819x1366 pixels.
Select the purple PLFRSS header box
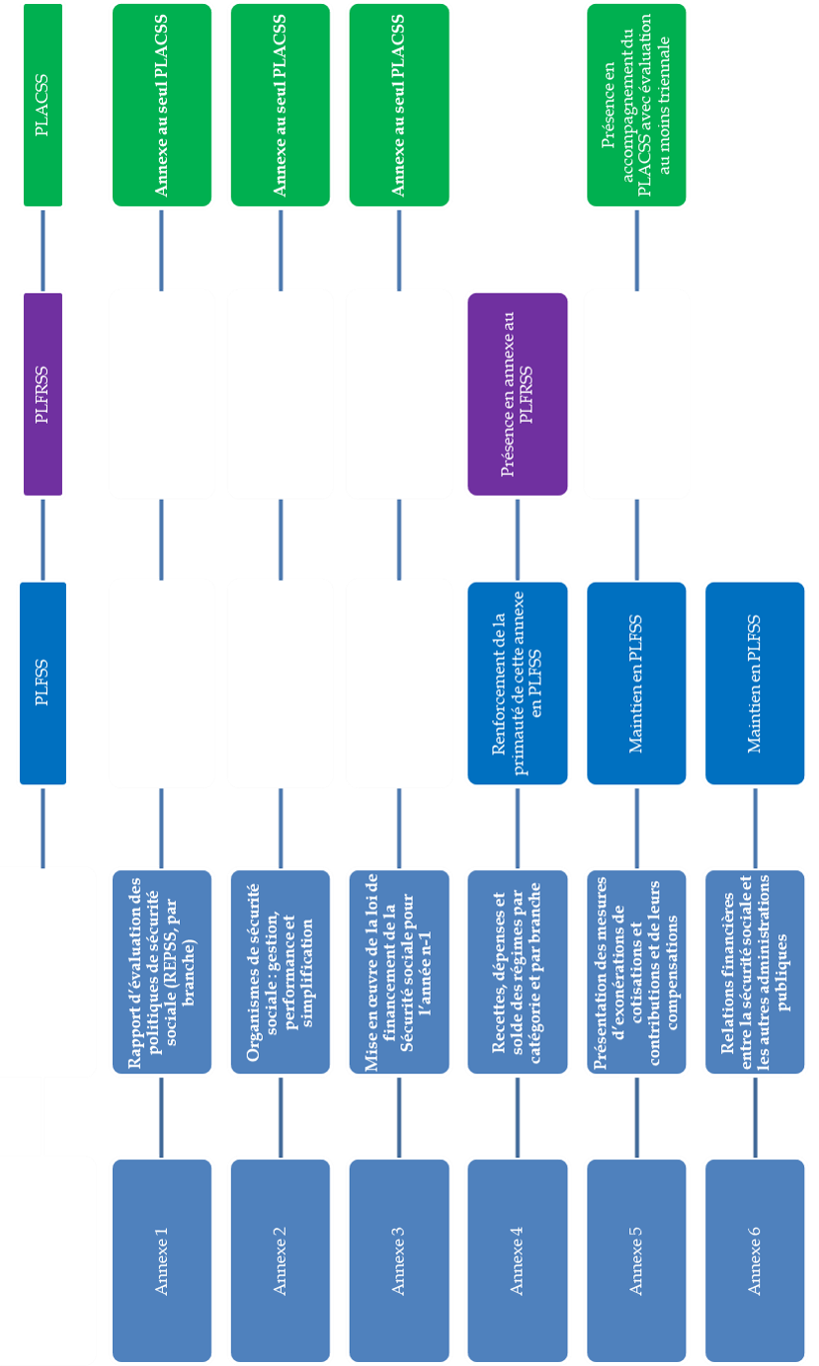[42, 393]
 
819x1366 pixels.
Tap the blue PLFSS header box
[42, 683]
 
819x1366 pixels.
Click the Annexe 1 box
[162, 1260]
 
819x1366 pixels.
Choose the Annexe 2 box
[281, 1260]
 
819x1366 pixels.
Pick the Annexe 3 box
[399, 1260]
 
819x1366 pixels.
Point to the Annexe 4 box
[518, 1260]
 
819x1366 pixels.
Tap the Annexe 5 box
[636, 1260]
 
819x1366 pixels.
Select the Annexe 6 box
[755, 1260]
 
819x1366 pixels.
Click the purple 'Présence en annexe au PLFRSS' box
[518, 393]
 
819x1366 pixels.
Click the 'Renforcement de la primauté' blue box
[518, 683]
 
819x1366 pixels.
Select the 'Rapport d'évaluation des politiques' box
[162, 972]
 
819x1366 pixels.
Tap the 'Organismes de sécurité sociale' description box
[281, 972]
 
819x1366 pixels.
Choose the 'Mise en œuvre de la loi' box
[399, 972]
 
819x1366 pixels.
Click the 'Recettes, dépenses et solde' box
[518, 972]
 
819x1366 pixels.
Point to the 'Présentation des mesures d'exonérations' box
[636, 972]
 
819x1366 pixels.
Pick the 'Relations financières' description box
[755, 972]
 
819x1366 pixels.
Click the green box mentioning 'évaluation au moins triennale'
[636, 105]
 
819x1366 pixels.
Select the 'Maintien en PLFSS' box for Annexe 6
[755, 683]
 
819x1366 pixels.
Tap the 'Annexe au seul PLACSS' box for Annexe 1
[162, 105]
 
